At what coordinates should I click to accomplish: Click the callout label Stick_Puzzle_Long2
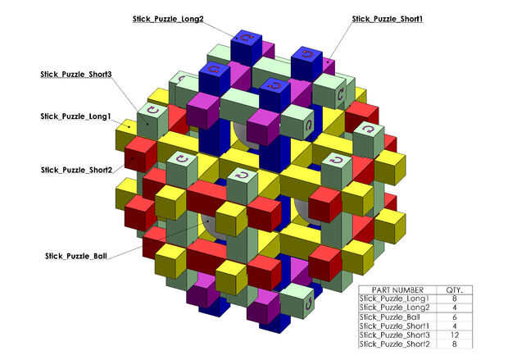(x=168, y=18)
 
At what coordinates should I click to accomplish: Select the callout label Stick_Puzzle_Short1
(x=387, y=18)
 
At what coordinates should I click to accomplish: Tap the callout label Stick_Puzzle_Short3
(x=76, y=75)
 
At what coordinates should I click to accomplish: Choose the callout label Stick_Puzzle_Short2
(x=76, y=170)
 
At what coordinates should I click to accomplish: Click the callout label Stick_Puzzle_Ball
(x=75, y=256)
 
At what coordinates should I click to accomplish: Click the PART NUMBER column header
(x=398, y=290)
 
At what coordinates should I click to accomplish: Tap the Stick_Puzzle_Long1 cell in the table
(x=398, y=299)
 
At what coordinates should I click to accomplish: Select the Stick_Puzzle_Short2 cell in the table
(x=398, y=344)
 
